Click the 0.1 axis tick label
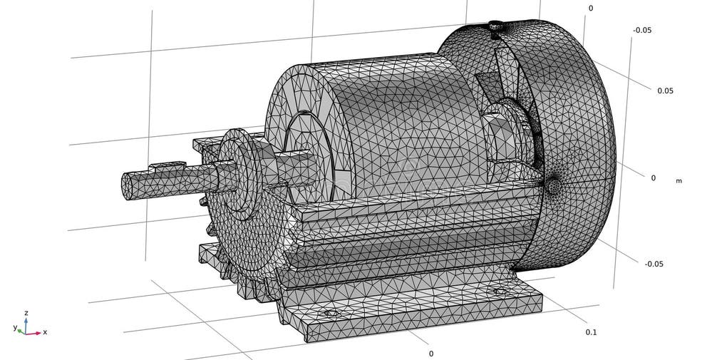coord(591,332)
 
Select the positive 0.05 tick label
coord(666,91)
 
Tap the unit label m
coord(678,181)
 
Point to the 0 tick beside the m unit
coord(653,178)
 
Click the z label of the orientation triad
coord(26,313)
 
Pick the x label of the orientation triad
coord(45,332)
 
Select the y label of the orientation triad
coord(15,327)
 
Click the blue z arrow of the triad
coord(26,323)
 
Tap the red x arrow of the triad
coord(33,332)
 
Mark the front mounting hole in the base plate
coord(329,313)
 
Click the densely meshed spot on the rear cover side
coord(554,186)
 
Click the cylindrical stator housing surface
coord(399,121)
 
